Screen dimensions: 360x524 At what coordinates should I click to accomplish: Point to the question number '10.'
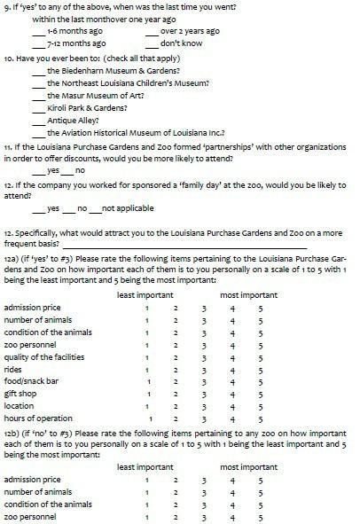[11, 59]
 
